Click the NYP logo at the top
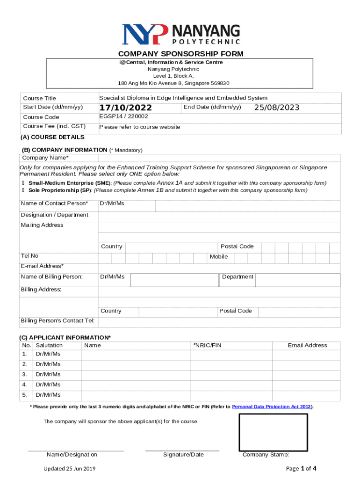180,34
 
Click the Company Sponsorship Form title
180,54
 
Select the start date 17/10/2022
125,108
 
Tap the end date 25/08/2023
277,108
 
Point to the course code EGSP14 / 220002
123,116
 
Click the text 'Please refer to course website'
139,127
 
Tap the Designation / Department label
54,215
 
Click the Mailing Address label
42,225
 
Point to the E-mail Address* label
42,266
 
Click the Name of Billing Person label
51,276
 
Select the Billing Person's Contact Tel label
58,320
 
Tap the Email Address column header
307,345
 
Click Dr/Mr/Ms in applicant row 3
48,374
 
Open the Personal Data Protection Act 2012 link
272,407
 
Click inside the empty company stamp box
273,432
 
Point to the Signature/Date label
183,454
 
